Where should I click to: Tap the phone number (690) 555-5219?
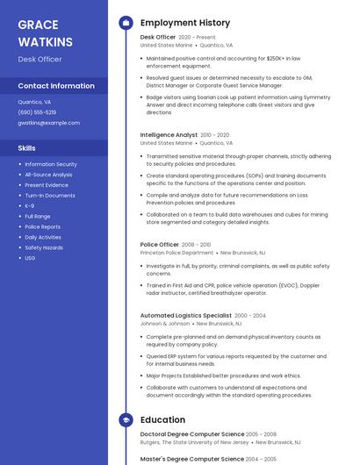pyautogui.click(x=37, y=112)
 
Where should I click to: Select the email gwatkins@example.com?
pyautogui.click(x=48, y=123)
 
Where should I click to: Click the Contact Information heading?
pyautogui.click(x=56, y=86)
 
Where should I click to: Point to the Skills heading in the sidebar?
pyautogui.click(x=27, y=148)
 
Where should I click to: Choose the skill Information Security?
pyautogui.click(x=51, y=164)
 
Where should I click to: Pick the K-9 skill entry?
pyautogui.click(x=30, y=205)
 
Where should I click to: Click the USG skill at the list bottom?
pyautogui.click(x=30, y=258)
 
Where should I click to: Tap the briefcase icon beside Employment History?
pyautogui.click(x=126, y=22)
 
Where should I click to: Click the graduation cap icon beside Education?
pyautogui.click(x=126, y=420)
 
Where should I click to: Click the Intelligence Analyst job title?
pyautogui.click(x=169, y=135)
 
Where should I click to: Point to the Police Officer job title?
pyautogui.click(x=159, y=245)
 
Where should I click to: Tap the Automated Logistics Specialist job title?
pyautogui.click(x=185, y=315)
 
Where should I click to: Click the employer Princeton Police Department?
pyautogui.click(x=176, y=253)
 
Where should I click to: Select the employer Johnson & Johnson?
pyautogui.click(x=165, y=323)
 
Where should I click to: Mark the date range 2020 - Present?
pyautogui.click(x=197, y=38)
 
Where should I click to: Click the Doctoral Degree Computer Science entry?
pyautogui.click(x=192, y=433)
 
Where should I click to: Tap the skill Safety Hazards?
pyautogui.click(x=44, y=247)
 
